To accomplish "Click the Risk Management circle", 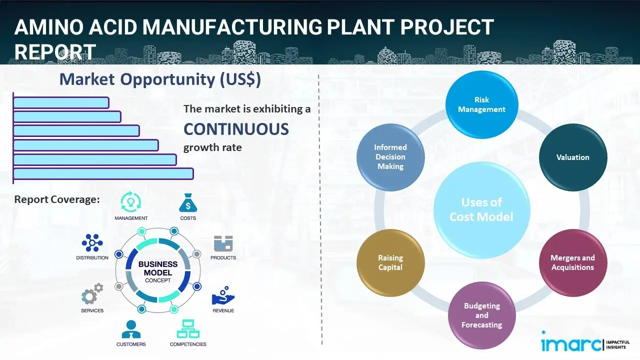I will point(481,105).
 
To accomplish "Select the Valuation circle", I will point(573,157).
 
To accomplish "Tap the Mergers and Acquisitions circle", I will point(573,262).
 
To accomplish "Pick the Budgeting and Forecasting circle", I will point(481,315).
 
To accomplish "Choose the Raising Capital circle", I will point(390,262).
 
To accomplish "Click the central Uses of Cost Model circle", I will point(481,209).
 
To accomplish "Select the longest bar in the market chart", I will point(103,173).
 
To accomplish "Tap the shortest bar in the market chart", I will point(61,102).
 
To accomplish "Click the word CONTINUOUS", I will point(236,129).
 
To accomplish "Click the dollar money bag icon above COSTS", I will point(187,203).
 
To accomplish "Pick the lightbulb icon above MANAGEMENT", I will point(131,202).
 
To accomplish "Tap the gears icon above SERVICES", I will point(92,295).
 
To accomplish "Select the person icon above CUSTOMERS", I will point(131,329).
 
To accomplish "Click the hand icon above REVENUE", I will point(223,296).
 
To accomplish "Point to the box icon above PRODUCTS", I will point(223,243).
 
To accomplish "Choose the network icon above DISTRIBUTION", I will point(92,243).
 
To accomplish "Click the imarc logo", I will point(570,343).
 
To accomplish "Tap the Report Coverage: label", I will point(57,199).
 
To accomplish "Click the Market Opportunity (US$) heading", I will point(160,79).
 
